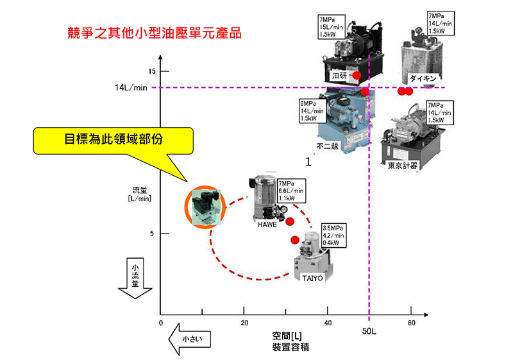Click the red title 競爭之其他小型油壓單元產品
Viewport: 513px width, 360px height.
[154, 33]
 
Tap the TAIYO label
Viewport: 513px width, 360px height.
[312, 278]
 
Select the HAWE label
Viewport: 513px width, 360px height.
[267, 225]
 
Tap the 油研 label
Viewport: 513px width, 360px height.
[339, 76]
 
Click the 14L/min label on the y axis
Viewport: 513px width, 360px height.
[131, 87]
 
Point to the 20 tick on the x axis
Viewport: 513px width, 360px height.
[244, 323]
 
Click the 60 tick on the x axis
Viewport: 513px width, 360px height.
[411, 323]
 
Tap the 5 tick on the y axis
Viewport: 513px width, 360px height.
[152, 233]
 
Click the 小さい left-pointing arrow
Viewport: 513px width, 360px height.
[189, 338]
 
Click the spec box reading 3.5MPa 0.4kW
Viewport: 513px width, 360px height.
[333, 235]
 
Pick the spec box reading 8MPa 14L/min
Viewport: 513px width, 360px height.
[308, 110]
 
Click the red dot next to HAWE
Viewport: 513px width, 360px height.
[290, 221]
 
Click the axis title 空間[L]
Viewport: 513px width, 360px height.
[287, 336]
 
